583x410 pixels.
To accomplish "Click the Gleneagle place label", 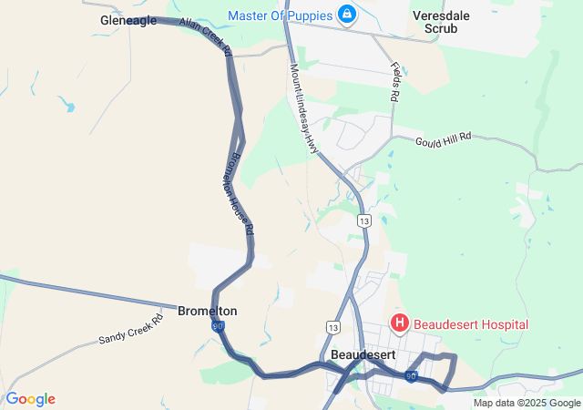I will pos(128,20).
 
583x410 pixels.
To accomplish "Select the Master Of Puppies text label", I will pos(280,15).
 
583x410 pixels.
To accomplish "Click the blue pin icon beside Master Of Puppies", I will pos(347,15).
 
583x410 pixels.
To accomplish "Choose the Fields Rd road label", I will pos(394,82).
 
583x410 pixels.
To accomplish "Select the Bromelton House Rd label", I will pos(239,191).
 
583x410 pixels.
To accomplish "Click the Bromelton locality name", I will pos(208,311).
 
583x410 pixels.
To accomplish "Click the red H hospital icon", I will pos(399,323).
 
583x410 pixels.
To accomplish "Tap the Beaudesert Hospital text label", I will pos(471,323).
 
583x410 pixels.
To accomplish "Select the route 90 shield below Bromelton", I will pos(217,325).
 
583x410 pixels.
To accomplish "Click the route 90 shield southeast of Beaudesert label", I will pos(412,375).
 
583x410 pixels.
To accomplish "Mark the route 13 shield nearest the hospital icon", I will pos(332,326).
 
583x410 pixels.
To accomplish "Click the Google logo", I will pos(30,399).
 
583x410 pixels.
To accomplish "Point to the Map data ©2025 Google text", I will pos(526,403).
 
